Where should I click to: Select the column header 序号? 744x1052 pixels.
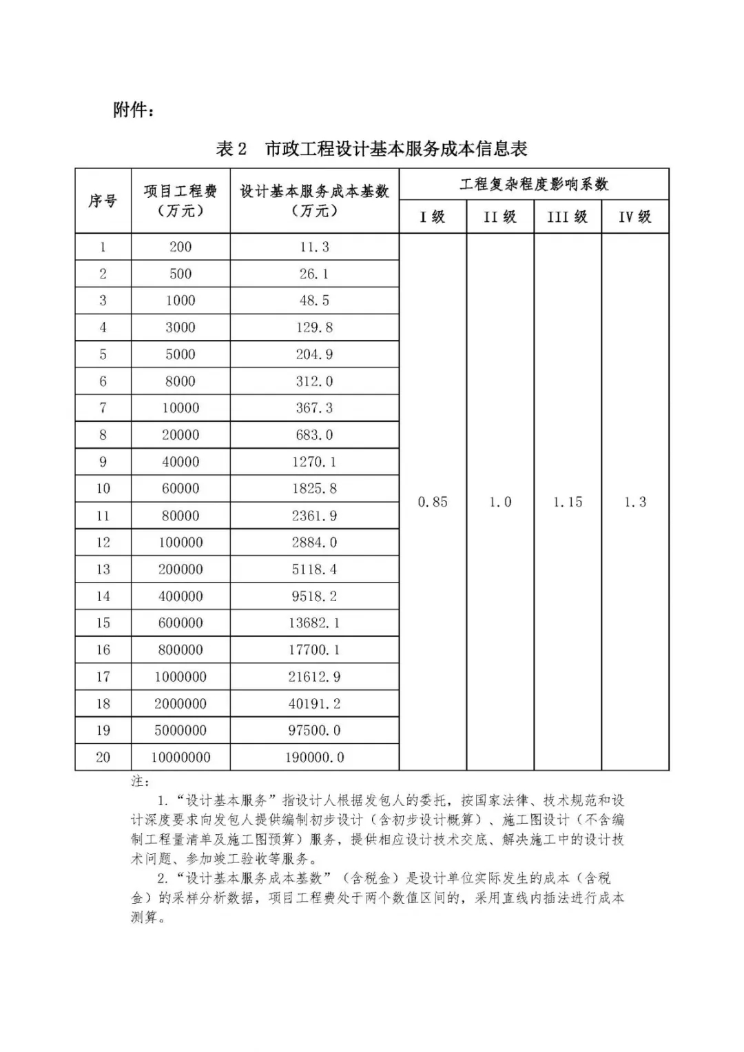click(x=103, y=201)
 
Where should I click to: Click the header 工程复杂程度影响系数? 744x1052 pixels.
click(x=534, y=184)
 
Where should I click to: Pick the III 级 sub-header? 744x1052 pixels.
click(x=567, y=217)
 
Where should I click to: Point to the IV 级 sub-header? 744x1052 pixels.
click(x=634, y=217)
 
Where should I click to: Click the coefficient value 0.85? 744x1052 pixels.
click(x=433, y=502)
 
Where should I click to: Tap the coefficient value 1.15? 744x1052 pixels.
click(x=568, y=502)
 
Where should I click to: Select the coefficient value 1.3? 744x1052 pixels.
click(x=635, y=502)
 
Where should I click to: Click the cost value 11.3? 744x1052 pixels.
click(x=314, y=247)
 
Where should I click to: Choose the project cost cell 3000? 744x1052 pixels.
click(x=180, y=327)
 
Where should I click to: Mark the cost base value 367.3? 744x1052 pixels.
click(x=314, y=408)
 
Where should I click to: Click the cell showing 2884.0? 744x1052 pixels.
click(x=314, y=543)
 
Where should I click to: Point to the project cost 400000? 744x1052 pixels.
click(x=180, y=596)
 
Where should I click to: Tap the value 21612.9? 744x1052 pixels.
click(x=314, y=677)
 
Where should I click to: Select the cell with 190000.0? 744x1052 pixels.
click(x=314, y=758)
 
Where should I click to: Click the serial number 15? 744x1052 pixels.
click(x=103, y=623)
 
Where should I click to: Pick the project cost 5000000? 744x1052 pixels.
click(x=180, y=731)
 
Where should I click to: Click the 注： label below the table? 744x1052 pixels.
click(x=140, y=781)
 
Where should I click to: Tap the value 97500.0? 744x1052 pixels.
click(x=314, y=731)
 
